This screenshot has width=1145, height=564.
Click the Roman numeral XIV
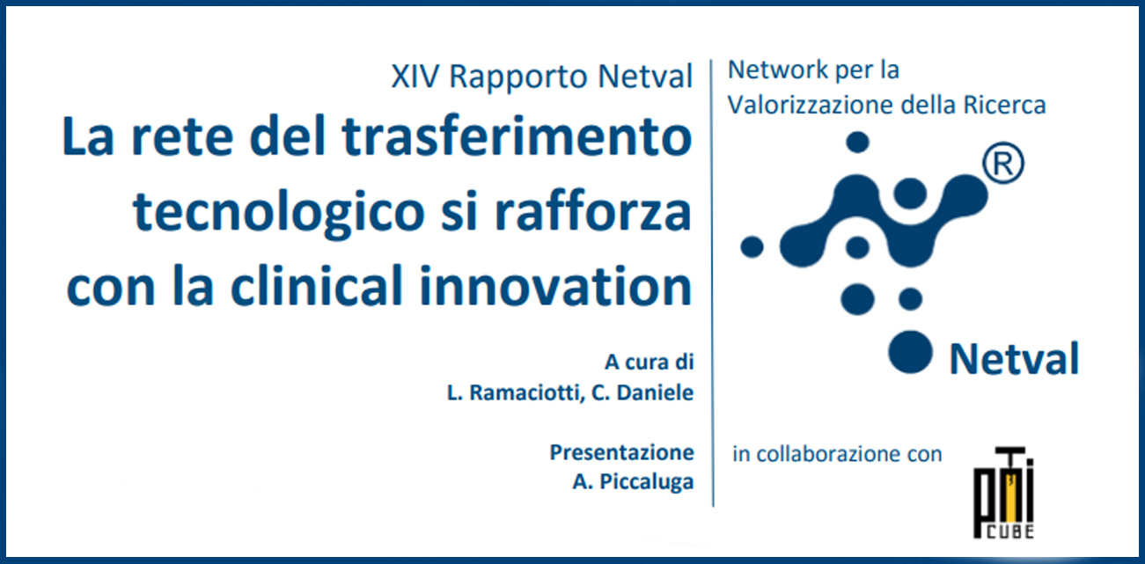click(x=415, y=77)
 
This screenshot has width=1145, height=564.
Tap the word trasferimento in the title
click(x=517, y=136)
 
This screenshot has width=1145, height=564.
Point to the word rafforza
click(x=593, y=210)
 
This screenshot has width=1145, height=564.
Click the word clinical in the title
click(x=317, y=285)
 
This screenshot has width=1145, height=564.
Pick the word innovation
click(x=555, y=285)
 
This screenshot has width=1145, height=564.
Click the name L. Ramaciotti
click(x=515, y=392)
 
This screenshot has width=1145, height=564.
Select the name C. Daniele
click(x=642, y=392)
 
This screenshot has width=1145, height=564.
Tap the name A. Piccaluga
click(x=633, y=481)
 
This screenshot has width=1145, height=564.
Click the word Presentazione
click(x=621, y=452)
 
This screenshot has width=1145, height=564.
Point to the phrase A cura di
click(x=650, y=362)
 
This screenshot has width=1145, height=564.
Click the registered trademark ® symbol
click(x=1003, y=163)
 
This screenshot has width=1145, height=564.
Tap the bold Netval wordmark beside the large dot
click(x=1014, y=359)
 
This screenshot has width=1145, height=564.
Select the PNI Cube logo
click(x=1003, y=493)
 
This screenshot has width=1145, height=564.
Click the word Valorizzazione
click(x=811, y=106)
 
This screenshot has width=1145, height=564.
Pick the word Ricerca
click(x=1004, y=106)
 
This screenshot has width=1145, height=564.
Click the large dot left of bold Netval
click(x=910, y=352)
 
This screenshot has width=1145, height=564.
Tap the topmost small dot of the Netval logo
click(x=858, y=142)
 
